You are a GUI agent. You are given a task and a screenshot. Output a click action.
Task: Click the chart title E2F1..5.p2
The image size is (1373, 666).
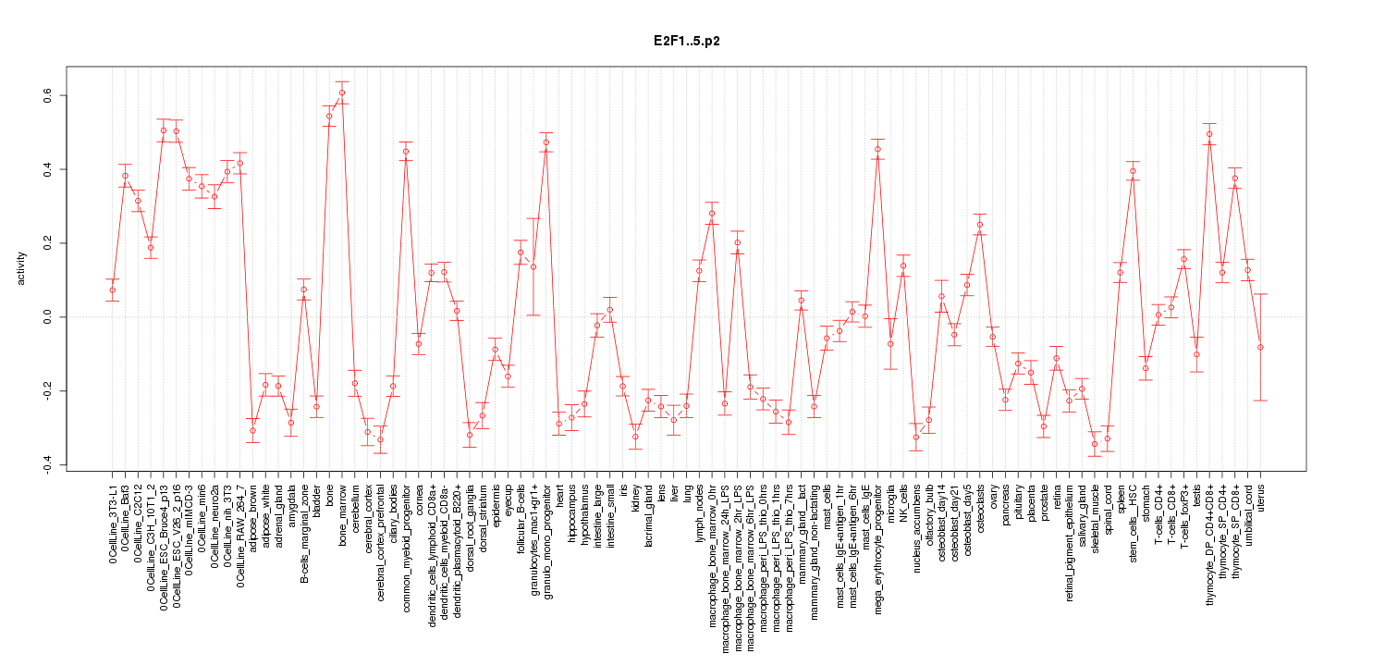(686, 43)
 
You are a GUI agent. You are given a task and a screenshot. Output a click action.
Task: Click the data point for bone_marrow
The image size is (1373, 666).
(342, 92)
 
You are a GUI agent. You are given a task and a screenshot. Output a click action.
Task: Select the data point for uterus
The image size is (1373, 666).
(1260, 347)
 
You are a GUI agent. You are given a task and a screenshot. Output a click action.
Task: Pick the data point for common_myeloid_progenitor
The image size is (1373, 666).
(405, 151)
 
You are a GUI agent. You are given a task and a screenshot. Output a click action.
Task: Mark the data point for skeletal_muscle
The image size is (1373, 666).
(1094, 444)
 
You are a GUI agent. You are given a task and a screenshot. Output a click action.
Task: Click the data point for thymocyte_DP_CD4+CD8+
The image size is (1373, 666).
(1209, 134)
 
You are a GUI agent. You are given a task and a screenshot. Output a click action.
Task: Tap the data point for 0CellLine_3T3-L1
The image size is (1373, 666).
(112, 290)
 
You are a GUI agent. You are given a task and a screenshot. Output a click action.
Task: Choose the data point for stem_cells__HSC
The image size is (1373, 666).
(1133, 171)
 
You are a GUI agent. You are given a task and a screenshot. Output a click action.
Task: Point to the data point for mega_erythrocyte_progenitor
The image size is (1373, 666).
(877, 149)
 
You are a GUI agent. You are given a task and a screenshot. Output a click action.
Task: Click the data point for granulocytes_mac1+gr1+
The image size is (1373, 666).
(533, 266)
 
